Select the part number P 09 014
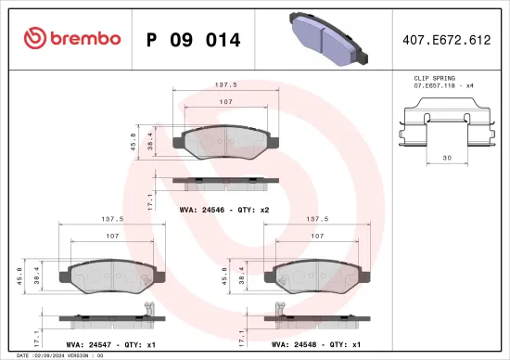click(x=194, y=40)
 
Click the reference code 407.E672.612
click(x=448, y=40)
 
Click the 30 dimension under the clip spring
click(x=447, y=158)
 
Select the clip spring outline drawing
click(x=447, y=128)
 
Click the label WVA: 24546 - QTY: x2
click(x=223, y=210)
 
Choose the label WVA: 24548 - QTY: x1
click(x=315, y=343)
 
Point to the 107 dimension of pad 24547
click(x=110, y=237)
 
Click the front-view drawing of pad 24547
click(x=110, y=275)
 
